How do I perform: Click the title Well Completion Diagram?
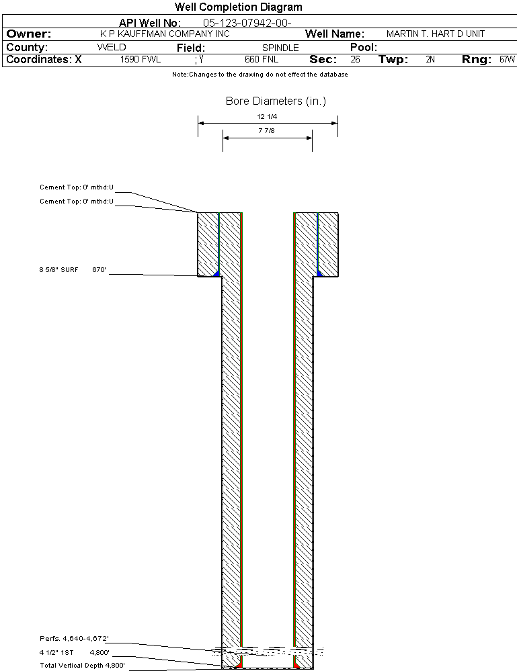coord(238,7)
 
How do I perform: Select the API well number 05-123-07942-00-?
coord(247,23)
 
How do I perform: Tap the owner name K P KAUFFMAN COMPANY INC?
coord(165,34)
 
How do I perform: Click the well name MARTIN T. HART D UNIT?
coord(435,34)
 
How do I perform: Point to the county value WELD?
coord(112,47)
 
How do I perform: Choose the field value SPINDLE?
coord(280,48)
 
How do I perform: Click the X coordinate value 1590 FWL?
coord(140,60)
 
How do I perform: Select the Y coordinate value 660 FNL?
coord(262,60)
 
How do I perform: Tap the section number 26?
coord(355,60)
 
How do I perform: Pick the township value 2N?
coord(430,60)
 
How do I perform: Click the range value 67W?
coord(507,60)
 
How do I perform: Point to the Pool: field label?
coord(364,47)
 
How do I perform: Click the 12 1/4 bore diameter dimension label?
coord(267,116)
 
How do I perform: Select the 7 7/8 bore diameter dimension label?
coord(266,130)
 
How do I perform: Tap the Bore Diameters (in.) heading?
coord(276,101)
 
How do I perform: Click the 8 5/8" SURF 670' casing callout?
coord(73,269)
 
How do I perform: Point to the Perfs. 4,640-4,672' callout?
coord(74,639)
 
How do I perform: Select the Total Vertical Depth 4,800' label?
coord(82,666)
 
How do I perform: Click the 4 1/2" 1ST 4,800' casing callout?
coord(75,653)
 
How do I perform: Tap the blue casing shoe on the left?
coord(216,273)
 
